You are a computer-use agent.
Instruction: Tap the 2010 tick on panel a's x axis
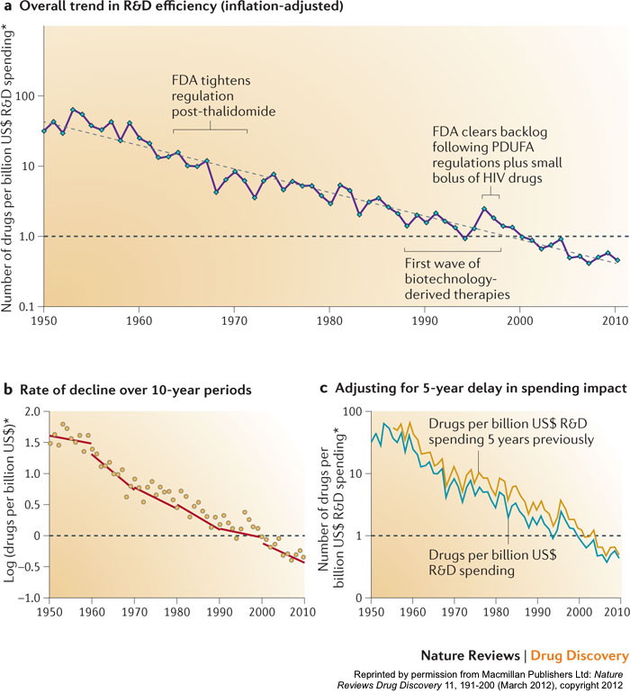tap(615, 320)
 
